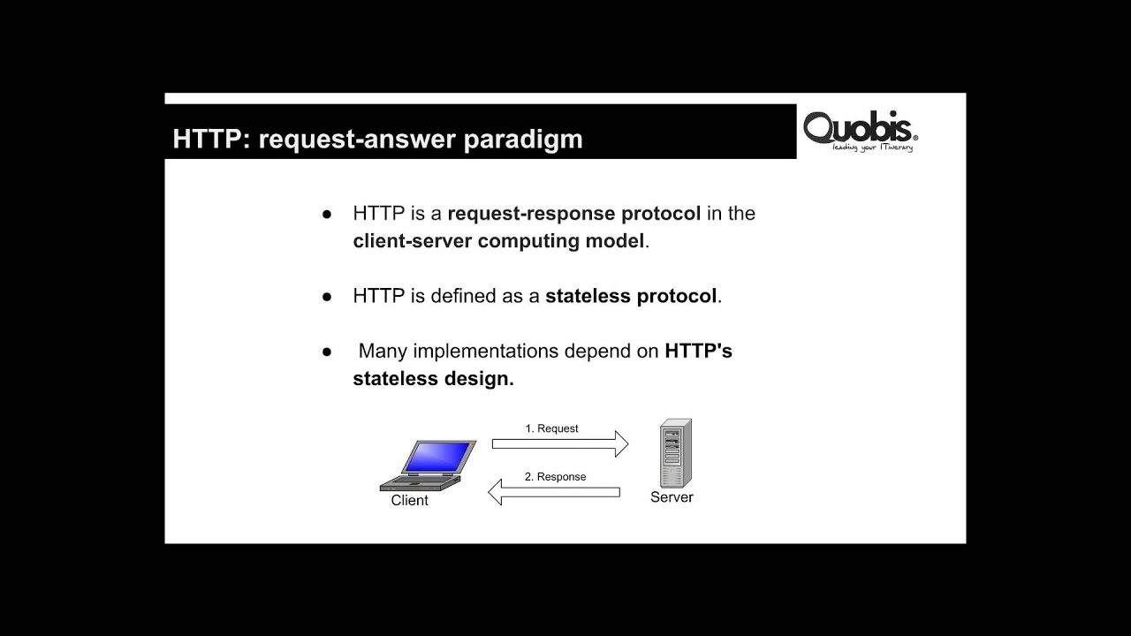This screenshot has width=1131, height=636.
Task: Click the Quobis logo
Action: pos(860,129)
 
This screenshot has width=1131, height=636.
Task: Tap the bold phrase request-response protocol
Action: pos(573,214)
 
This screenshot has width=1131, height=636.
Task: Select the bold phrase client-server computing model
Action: pos(498,241)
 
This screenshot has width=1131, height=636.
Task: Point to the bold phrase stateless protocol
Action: pos(631,296)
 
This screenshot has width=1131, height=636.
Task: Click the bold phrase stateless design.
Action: pos(433,379)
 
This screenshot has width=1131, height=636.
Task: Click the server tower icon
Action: pos(675,452)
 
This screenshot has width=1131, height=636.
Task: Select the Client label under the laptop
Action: pos(409,501)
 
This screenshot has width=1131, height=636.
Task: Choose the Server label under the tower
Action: pos(672,497)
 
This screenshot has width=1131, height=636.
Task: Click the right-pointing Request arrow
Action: pos(559,444)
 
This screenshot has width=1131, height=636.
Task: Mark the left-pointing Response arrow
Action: pos(553,492)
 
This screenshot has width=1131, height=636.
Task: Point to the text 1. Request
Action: pos(551,428)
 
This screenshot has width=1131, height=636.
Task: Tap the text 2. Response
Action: pos(555,477)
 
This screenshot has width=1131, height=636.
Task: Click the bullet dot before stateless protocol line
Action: pos(327,297)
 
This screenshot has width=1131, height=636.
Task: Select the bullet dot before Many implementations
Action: pos(327,352)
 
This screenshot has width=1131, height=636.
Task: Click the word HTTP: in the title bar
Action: pos(209,140)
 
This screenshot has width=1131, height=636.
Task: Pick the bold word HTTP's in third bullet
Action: pos(698,352)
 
